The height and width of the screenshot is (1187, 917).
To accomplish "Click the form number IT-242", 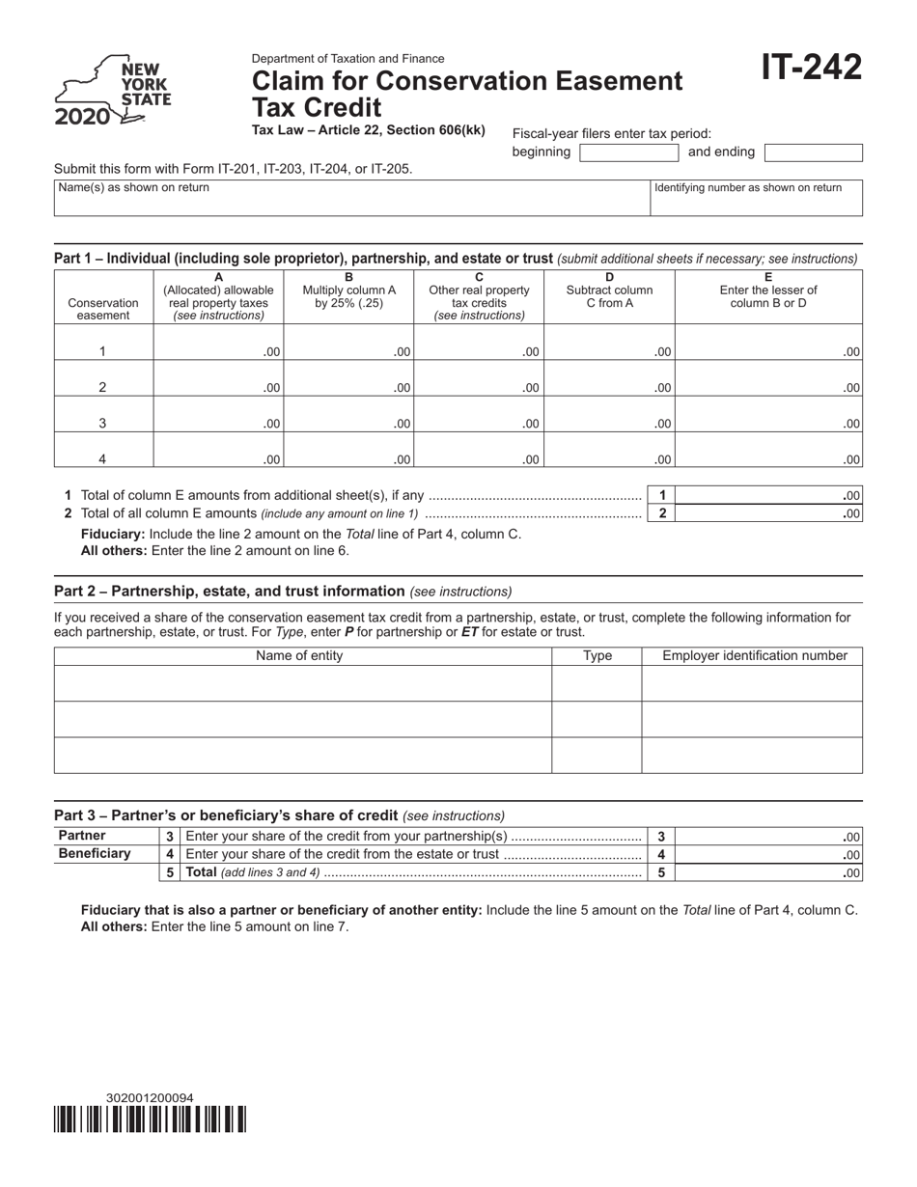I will [810, 69].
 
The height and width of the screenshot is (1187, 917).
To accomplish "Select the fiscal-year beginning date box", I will [629, 152].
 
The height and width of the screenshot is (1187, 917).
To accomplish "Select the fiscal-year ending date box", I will [813, 152].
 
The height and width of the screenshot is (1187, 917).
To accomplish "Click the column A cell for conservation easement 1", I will [218, 343].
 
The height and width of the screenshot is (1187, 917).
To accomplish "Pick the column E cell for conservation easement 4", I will [767, 450].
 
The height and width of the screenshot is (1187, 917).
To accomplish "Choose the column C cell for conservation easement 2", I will [479, 378].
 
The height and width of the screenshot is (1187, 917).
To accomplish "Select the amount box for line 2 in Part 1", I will [767, 513].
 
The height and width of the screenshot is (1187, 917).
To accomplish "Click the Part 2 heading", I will [229, 591].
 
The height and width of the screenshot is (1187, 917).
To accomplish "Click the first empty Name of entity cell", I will [302, 683].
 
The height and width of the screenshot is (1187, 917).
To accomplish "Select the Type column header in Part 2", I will [597, 656].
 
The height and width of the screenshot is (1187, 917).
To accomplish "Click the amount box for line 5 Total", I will [767, 872].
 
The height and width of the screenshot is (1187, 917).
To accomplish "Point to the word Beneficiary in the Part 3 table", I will [95, 854].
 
